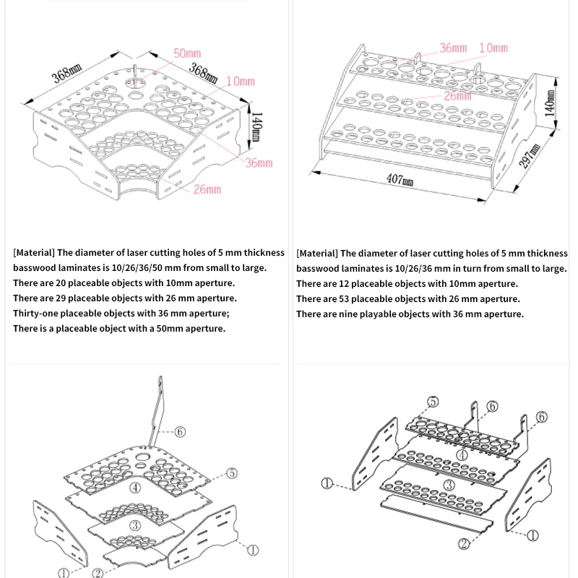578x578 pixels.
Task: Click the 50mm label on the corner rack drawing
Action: point(187,53)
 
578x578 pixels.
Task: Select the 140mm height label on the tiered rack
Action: point(551,103)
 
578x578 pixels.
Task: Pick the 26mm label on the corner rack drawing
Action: point(207,189)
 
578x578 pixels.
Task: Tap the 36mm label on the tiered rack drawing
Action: point(453,48)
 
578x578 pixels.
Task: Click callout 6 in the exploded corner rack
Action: point(180,432)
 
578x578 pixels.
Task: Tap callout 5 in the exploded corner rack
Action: point(232,473)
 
